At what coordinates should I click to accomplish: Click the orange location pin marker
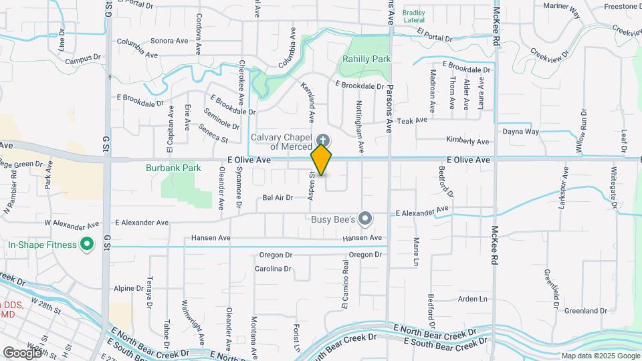pos(321,160)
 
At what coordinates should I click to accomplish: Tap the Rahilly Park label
pos(366,59)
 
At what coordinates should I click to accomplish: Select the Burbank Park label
pos(173,168)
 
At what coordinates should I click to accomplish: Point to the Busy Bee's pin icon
pos(364,218)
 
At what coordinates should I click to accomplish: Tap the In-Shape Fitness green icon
pos(86,245)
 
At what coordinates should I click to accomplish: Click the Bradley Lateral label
pos(414,16)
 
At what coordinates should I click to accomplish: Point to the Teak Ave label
pos(412,120)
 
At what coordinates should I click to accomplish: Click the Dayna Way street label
pos(521,132)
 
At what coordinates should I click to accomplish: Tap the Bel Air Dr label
pos(278,198)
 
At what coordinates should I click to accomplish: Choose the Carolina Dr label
pos(273,269)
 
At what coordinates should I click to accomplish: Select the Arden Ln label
pos(472,299)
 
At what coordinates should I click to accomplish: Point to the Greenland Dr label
pos(585,311)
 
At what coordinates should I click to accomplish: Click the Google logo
pos(23,352)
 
